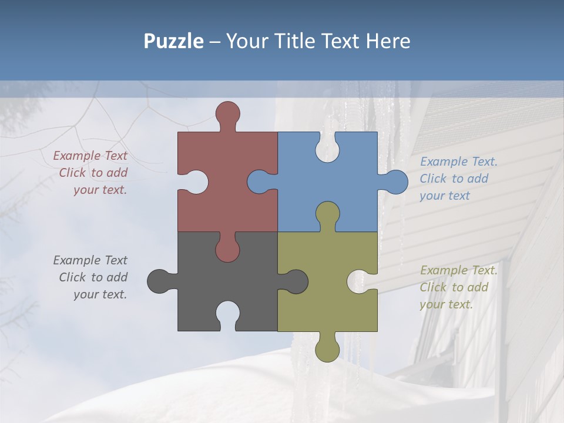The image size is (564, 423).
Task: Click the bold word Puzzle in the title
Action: coord(173,42)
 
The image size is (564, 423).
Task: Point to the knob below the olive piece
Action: coord(327,348)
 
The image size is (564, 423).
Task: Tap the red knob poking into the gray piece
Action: coord(227,248)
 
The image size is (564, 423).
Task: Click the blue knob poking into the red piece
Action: coord(260,182)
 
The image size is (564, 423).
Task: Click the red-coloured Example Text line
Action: coord(90,156)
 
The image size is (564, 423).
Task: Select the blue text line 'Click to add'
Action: coord(454,179)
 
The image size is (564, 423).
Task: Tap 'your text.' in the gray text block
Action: coord(100,294)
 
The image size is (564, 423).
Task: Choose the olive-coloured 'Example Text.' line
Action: coord(458,270)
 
